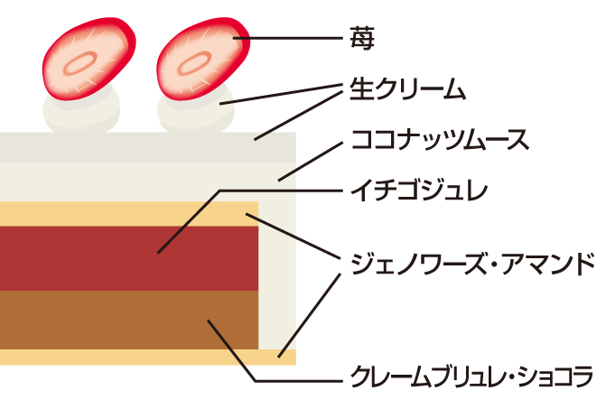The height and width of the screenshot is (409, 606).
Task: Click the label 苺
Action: (360, 37)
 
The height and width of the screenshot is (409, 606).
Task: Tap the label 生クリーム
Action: (406, 89)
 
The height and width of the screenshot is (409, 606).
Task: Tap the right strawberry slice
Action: (200, 59)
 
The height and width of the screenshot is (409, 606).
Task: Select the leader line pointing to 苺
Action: (289, 38)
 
